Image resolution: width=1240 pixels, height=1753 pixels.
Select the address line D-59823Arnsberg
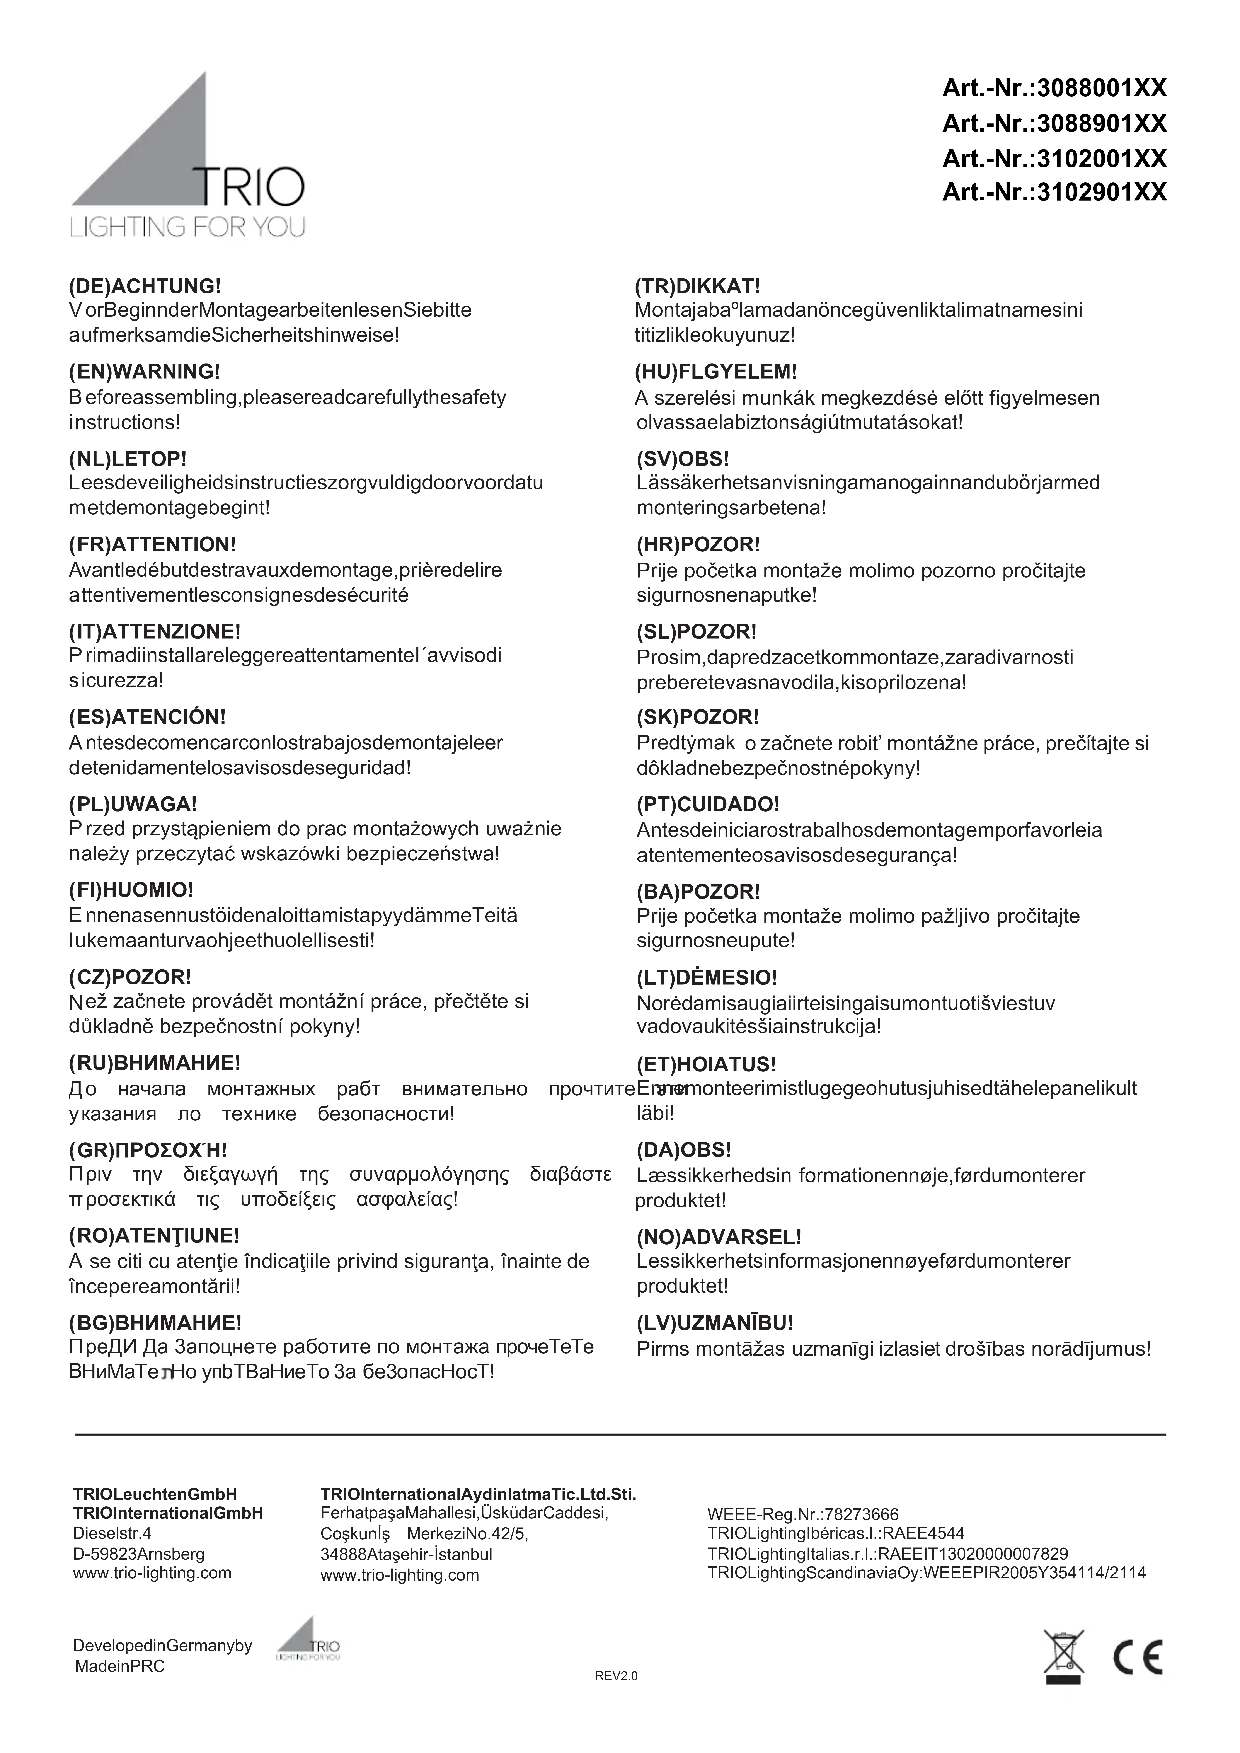139,1554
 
